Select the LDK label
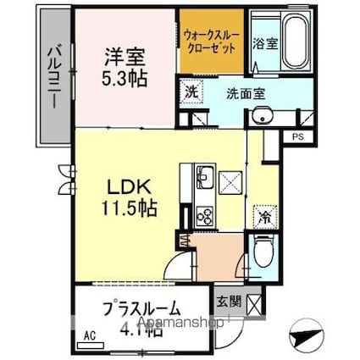point(126,184)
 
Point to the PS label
point(297,136)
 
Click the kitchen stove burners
point(205,215)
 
